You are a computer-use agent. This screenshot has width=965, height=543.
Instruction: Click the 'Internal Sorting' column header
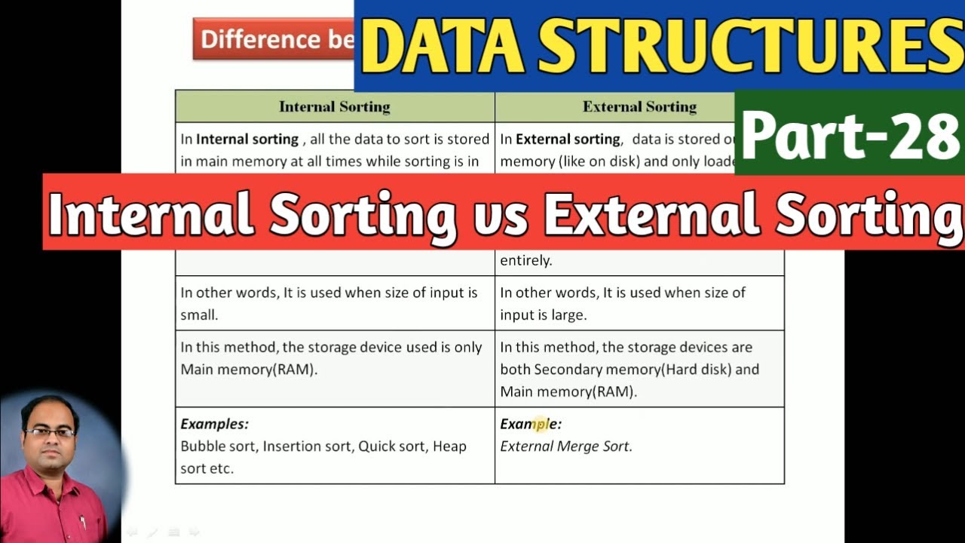(334, 106)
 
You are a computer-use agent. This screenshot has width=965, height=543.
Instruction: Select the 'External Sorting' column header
(639, 106)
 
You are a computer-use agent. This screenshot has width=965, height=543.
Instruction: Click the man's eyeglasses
(50, 432)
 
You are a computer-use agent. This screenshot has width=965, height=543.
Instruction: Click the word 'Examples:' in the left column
(214, 424)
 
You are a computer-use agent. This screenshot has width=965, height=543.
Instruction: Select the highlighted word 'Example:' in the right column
(531, 424)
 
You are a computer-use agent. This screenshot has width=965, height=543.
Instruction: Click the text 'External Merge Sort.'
(566, 446)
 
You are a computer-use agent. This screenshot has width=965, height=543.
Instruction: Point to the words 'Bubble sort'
(218, 446)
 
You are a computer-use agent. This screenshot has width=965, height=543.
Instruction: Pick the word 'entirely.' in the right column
(525, 261)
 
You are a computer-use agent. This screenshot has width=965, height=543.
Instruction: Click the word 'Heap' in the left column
(449, 446)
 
